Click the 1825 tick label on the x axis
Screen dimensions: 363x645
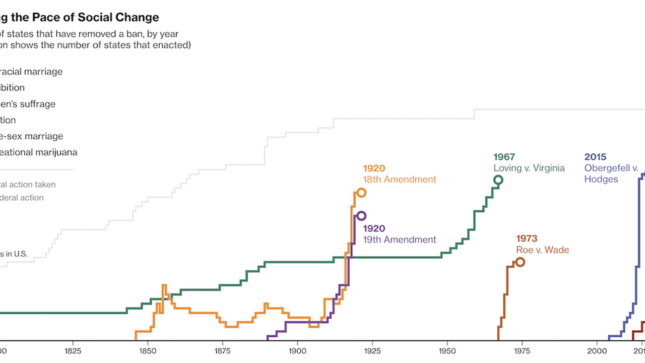(x=73, y=349)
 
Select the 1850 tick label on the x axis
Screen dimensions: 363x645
(x=147, y=349)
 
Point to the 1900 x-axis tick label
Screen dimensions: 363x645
(x=297, y=349)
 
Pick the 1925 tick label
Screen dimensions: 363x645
(x=372, y=349)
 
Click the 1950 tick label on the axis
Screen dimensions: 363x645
(x=447, y=349)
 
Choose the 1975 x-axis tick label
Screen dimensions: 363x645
(x=522, y=349)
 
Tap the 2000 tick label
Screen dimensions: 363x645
(x=597, y=349)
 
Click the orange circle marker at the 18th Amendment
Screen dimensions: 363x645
(x=361, y=193)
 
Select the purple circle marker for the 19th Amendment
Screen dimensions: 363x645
(x=361, y=216)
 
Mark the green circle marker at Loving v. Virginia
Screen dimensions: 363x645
(x=498, y=180)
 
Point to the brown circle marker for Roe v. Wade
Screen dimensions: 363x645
(x=520, y=262)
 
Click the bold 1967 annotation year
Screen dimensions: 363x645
(x=504, y=157)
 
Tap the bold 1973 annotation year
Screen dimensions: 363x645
(x=527, y=238)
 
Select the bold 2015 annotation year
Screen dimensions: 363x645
(x=595, y=157)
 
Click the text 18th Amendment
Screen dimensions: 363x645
(x=400, y=179)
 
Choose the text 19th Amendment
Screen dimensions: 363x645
(x=400, y=239)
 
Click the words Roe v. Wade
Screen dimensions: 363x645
(x=543, y=250)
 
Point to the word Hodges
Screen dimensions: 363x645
(x=601, y=179)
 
